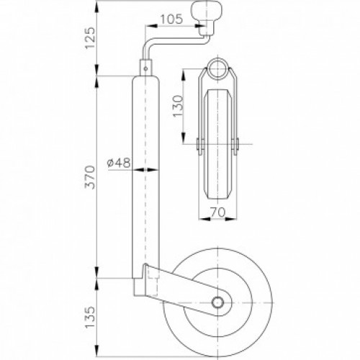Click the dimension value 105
pyautogui.click(x=171, y=19)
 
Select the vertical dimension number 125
pyautogui.click(x=91, y=38)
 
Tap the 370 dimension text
pyautogui.click(x=91, y=177)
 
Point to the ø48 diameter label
pyautogui.click(x=119, y=163)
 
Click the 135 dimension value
pyautogui.click(x=91, y=317)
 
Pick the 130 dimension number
pyautogui.click(x=178, y=106)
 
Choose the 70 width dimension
pyautogui.click(x=218, y=212)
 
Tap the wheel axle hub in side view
pyautogui.click(x=217, y=302)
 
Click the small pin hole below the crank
pyautogui.click(x=145, y=68)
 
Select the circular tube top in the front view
pyautogui.click(x=217, y=68)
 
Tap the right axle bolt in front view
pyautogui.click(x=235, y=146)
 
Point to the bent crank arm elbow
pyautogui.click(x=147, y=45)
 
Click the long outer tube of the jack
pyautogui.click(x=145, y=177)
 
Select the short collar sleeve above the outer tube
pyautogui.click(x=145, y=68)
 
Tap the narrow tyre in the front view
pyautogui.click(x=217, y=144)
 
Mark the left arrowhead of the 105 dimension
pyautogui.click(x=150, y=26)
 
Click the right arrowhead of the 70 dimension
pyautogui.click(x=231, y=219)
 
